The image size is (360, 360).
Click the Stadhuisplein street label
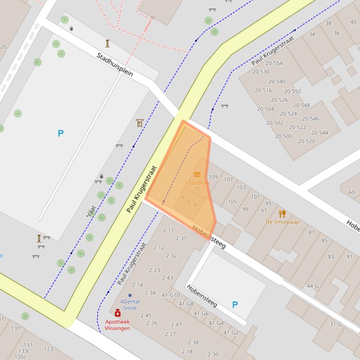pyautogui.click(x=115, y=65)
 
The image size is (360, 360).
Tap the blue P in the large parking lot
pyautogui.click(x=60, y=134)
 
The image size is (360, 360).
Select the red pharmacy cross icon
pyautogui.click(x=118, y=313)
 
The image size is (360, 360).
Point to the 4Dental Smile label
pyautogui.click(x=130, y=304)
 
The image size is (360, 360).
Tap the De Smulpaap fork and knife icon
pyautogui.click(x=282, y=214)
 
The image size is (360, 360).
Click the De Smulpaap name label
pyautogui.click(x=282, y=222)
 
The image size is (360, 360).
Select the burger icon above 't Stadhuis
pyautogui.click(x=197, y=174)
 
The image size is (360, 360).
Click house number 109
pyautogui.click(x=213, y=177)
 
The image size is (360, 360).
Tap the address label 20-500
pyautogui.click(x=284, y=137)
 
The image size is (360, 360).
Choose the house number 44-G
pyautogui.click(x=312, y=286)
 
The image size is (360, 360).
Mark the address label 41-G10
pyautogui.click(x=171, y=295)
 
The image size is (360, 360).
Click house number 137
pyautogui.click(x=15, y=329)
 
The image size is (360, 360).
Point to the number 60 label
pyautogui.click(x=352, y=192)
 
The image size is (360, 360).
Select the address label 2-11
pyautogui.click(x=168, y=230)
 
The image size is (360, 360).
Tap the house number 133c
pyautogui.click(x=24, y=351)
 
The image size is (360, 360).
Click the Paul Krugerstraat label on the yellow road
pyautogui.click(x=141, y=189)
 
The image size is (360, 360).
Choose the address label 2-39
pyautogui.click(x=213, y=355)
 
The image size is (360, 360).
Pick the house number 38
pyautogui.click(x=328, y=23)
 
